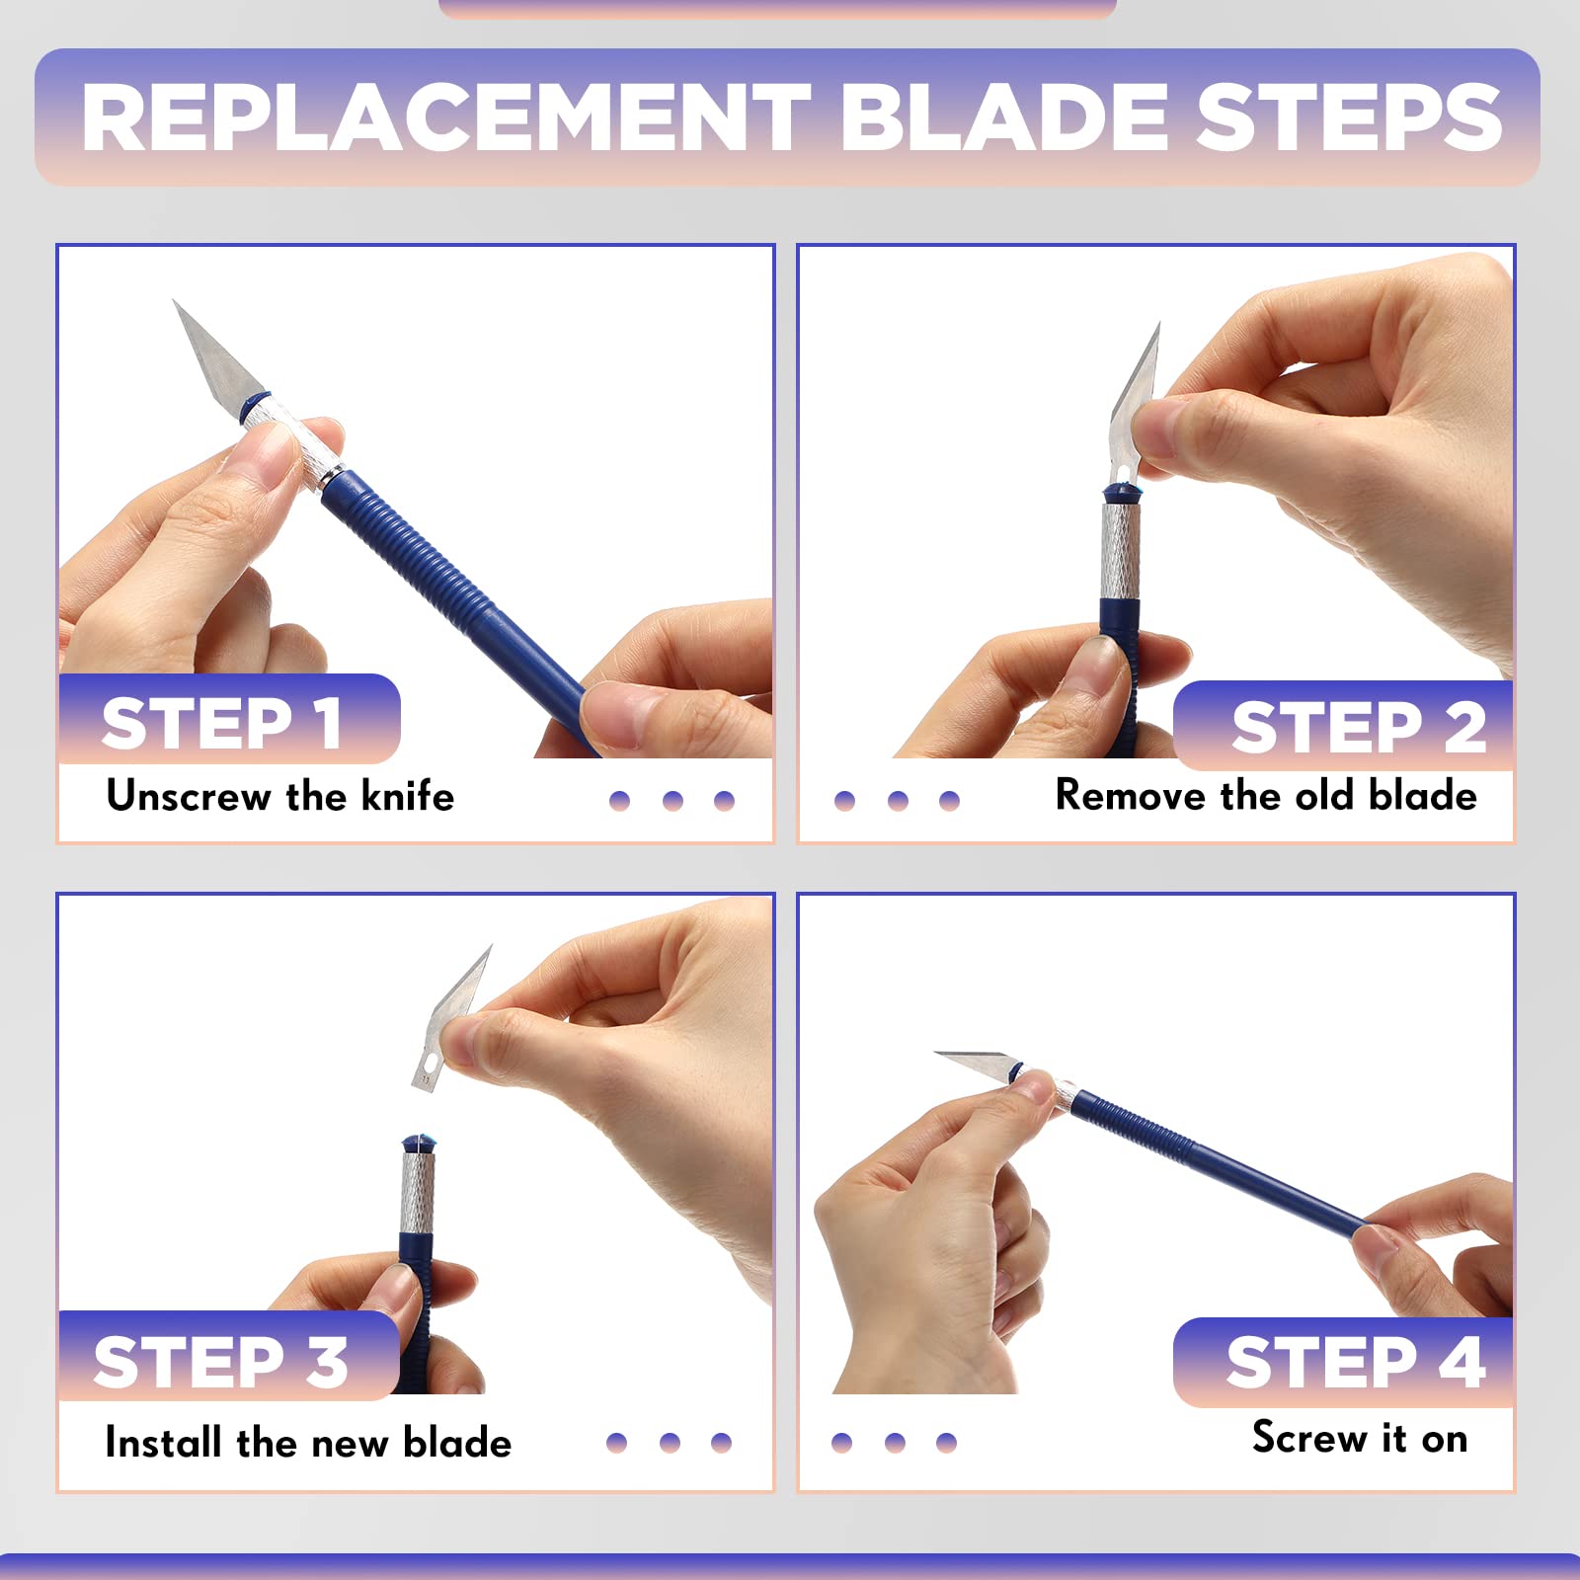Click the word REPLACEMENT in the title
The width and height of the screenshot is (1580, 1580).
click(446, 118)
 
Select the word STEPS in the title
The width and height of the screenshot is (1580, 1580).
click(1349, 118)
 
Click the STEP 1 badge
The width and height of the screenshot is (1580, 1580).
click(229, 719)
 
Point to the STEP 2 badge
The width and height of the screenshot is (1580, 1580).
click(1344, 726)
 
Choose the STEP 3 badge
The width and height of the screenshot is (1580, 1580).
click(229, 1356)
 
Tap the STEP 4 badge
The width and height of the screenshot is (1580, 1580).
click(1344, 1362)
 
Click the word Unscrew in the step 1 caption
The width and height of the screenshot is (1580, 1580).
click(189, 796)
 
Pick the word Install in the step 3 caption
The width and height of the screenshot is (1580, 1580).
click(164, 1443)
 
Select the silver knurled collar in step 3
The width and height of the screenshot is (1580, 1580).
click(418, 1192)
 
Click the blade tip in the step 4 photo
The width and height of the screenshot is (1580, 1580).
click(936, 1054)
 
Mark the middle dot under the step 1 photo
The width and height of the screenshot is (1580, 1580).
click(672, 800)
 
